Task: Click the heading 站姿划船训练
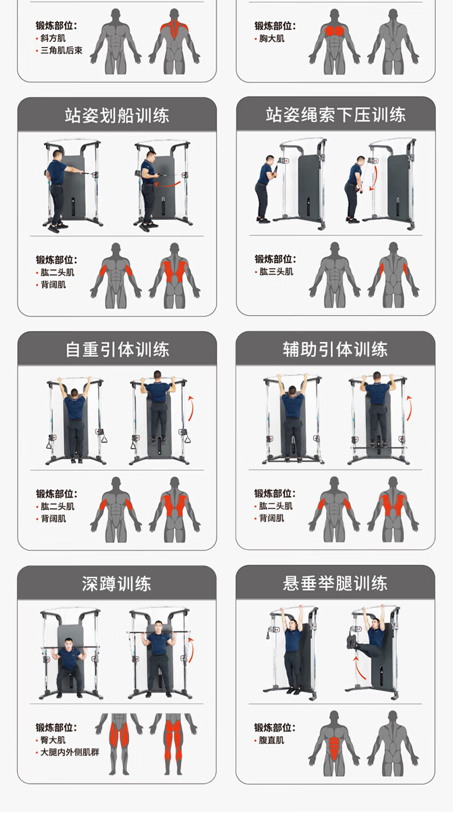click(117, 116)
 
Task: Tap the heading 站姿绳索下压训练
click(335, 115)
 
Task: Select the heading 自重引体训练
click(117, 349)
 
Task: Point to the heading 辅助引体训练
click(335, 349)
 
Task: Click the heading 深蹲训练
click(116, 584)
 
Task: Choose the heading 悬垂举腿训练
click(335, 583)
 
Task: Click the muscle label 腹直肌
click(271, 740)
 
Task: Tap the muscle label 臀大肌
click(53, 740)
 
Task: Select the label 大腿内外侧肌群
click(69, 752)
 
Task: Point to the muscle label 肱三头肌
click(276, 272)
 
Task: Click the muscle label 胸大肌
click(272, 38)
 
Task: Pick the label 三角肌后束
click(61, 50)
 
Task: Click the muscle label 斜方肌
click(53, 38)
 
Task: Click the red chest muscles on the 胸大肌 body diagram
click(335, 31)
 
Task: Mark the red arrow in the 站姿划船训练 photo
click(167, 184)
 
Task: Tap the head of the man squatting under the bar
click(68, 643)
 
